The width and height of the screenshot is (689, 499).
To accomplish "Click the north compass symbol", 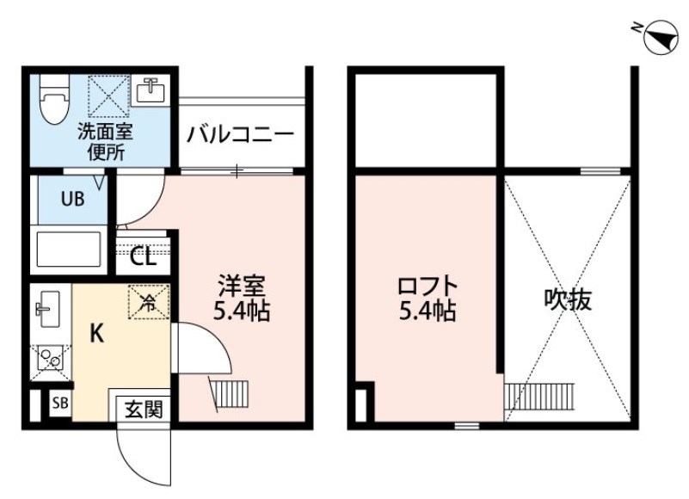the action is [x=661, y=37].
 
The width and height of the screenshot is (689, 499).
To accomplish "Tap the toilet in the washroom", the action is [x=54, y=101].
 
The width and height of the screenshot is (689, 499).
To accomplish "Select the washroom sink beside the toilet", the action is [x=151, y=91].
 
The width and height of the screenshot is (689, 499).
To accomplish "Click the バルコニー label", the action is [x=240, y=134].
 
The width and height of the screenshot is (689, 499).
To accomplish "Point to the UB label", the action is [x=72, y=199].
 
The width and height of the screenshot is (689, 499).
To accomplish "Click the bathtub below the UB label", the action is [x=69, y=249].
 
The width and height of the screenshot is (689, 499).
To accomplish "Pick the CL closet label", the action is [x=143, y=256].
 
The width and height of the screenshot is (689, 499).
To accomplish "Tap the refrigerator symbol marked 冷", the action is [x=149, y=302].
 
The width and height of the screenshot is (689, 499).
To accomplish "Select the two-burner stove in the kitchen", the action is [x=50, y=361].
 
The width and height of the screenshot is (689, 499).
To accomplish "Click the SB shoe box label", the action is [x=60, y=403].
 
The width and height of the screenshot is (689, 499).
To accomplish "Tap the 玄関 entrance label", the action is [x=144, y=410].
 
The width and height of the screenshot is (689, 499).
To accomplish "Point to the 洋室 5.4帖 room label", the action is [x=242, y=299].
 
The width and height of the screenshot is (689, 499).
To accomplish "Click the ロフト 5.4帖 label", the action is [x=428, y=299].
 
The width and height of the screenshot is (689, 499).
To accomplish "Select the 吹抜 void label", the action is [x=569, y=300].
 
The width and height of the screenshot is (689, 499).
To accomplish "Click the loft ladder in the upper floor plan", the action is [x=539, y=397].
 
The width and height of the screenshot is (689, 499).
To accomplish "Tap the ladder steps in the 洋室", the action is [x=230, y=394].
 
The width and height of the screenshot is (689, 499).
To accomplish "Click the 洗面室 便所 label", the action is [x=106, y=143].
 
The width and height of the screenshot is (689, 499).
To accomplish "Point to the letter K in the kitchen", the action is [x=96, y=334].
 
